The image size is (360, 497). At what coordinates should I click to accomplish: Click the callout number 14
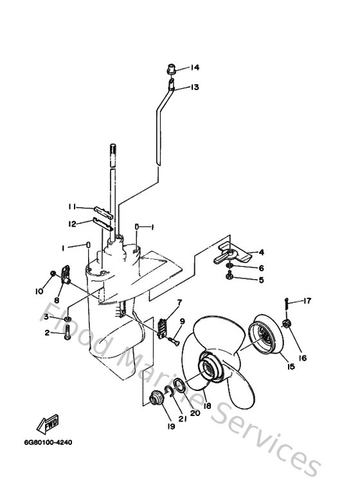[x=195, y=68]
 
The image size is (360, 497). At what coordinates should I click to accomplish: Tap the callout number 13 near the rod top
[x=195, y=87]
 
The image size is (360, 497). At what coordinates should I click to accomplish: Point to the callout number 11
[x=74, y=206]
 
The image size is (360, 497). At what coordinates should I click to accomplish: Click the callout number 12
[x=74, y=224]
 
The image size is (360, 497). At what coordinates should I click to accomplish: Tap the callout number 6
[x=261, y=267]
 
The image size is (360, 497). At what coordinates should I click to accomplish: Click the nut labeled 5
[x=229, y=278]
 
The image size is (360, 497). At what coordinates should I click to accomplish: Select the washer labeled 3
[x=68, y=318]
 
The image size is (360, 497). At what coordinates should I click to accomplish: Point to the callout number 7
[x=179, y=302]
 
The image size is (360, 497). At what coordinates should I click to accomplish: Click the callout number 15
[x=291, y=366]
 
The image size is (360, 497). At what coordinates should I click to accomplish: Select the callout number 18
[x=207, y=406]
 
